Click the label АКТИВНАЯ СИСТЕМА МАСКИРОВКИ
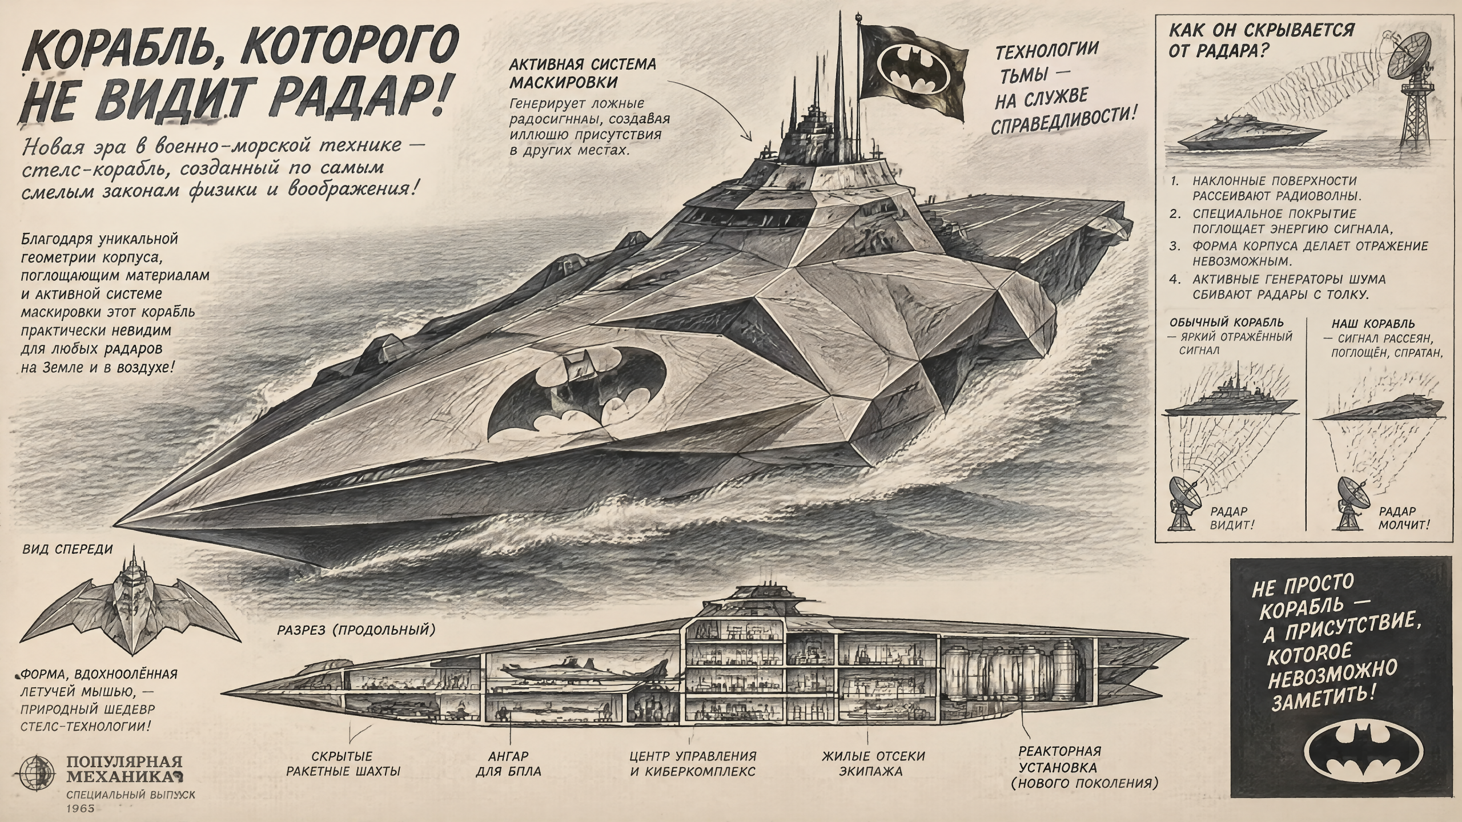pyautogui.click(x=582, y=73)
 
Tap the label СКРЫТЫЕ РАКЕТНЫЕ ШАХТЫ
pyautogui.click(x=343, y=764)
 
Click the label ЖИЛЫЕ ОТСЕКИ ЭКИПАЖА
pyautogui.click(x=873, y=764)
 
